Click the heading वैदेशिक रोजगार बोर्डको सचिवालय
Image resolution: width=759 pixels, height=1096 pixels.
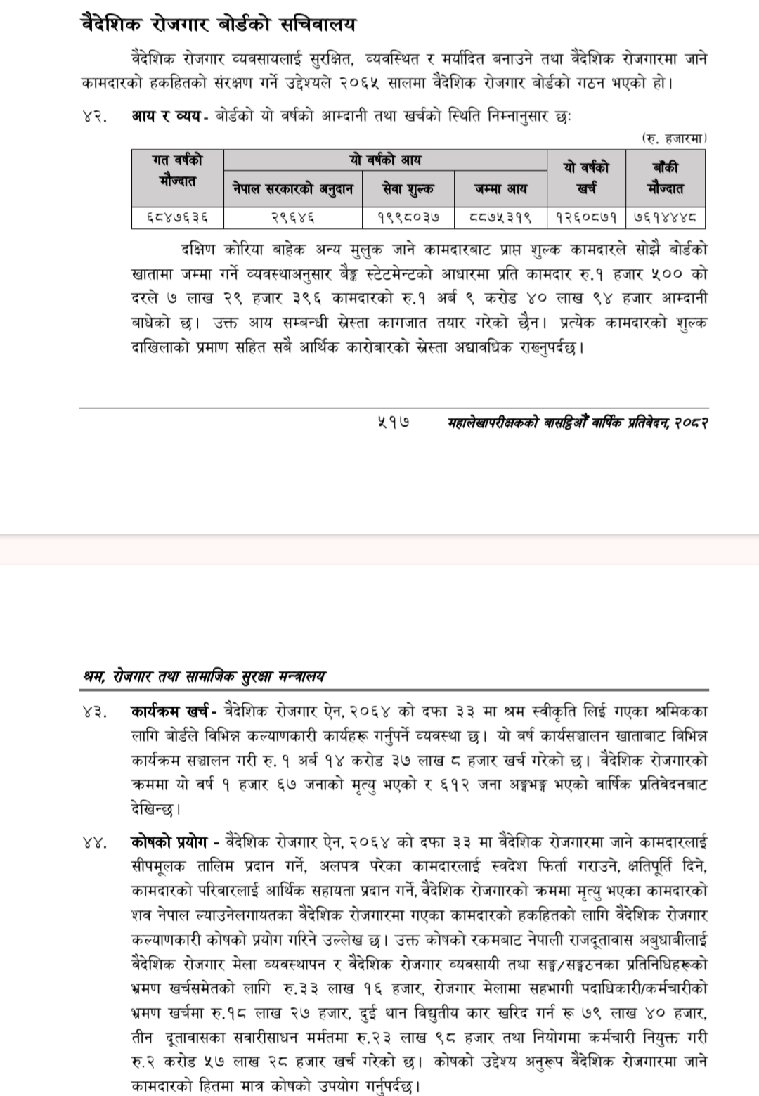219,25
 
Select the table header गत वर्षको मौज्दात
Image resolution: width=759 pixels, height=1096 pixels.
177,171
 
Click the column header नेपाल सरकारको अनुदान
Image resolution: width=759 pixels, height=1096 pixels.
293,188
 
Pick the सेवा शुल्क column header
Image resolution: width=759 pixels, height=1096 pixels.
408,188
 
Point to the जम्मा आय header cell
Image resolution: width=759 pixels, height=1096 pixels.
500,188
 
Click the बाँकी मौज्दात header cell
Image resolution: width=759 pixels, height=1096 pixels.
665,179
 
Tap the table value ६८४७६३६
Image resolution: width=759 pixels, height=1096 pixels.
177,218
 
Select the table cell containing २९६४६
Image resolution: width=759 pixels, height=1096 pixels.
293,218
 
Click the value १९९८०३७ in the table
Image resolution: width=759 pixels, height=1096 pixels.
408,218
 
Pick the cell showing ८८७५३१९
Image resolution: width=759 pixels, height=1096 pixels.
500,218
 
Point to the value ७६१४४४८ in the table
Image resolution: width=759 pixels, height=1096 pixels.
665,218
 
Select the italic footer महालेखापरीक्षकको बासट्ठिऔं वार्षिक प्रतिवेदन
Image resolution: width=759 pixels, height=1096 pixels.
577,424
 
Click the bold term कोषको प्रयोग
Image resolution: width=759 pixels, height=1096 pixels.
170,842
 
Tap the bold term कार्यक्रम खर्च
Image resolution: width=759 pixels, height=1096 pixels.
175,711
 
